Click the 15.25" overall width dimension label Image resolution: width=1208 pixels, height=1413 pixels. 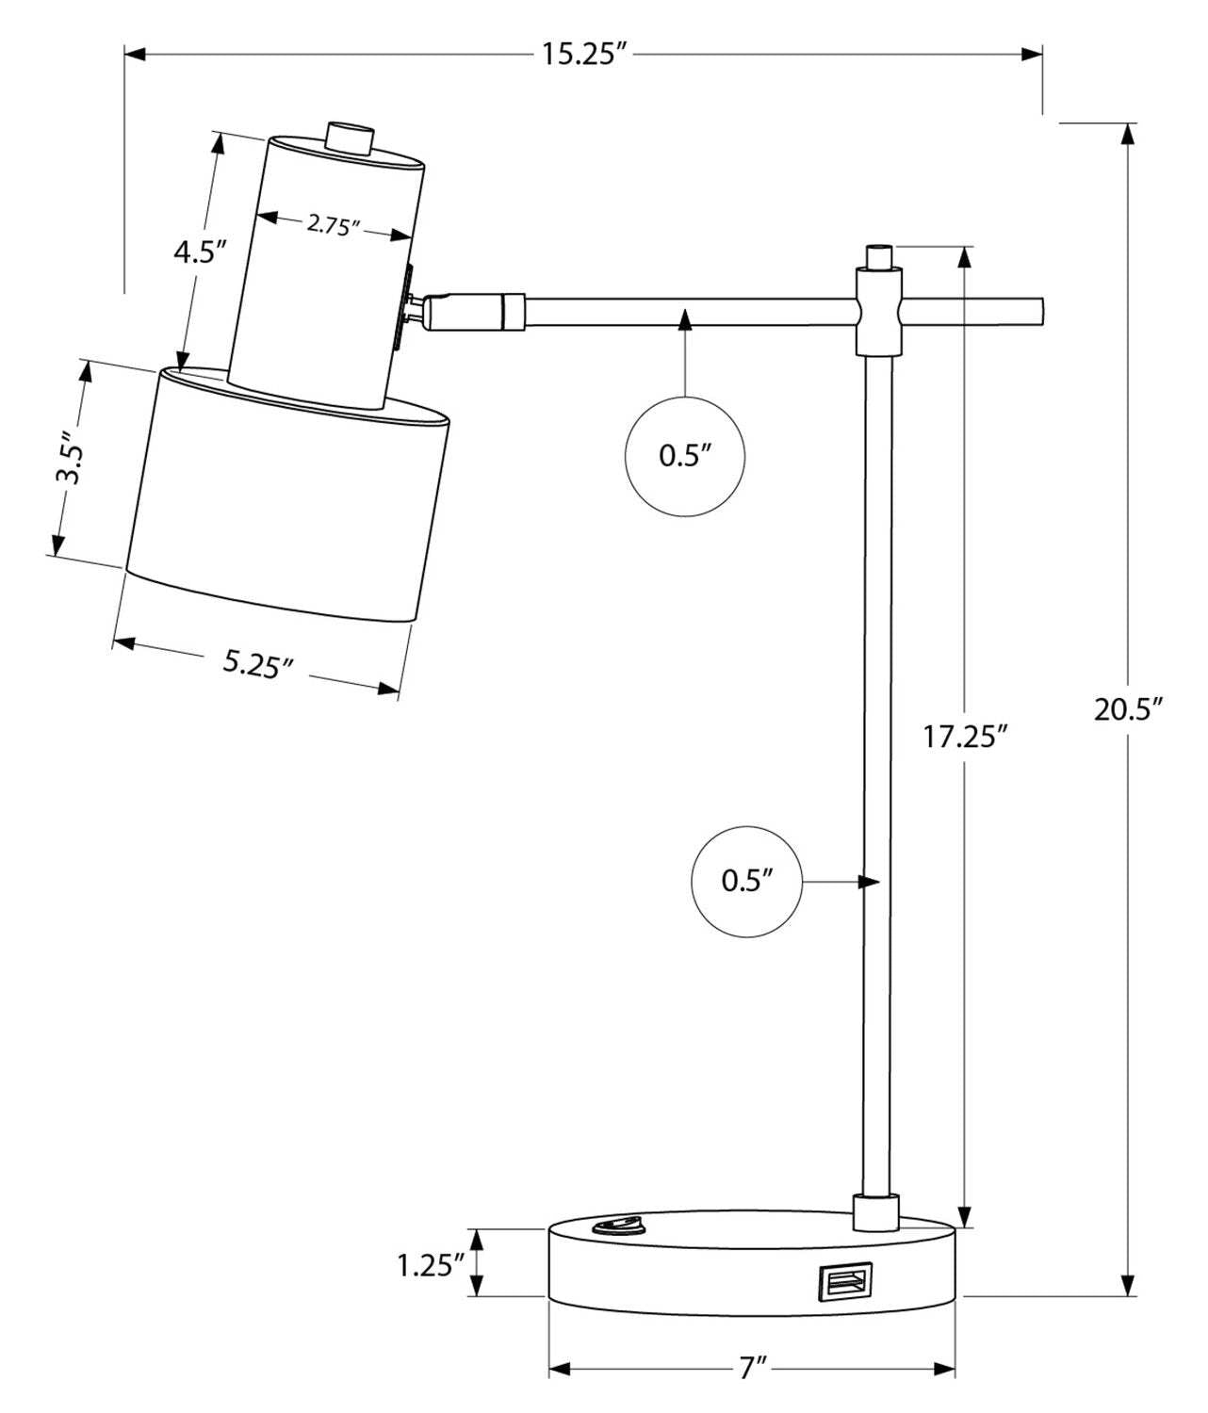click(x=583, y=54)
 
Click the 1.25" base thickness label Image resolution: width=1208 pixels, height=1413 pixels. click(x=431, y=1265)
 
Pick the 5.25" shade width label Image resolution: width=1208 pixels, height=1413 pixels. click(x=256, y=663)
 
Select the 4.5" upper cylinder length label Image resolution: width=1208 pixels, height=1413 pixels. click(x=200, y=252)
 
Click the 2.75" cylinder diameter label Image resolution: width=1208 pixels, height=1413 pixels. click(x=334, y=225)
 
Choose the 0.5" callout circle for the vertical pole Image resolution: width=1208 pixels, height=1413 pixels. click(x=747, y=882)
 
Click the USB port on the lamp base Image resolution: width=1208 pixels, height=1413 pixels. click(x=844, y=1281)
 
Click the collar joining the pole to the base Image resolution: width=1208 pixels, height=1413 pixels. click(x=876, y=1212)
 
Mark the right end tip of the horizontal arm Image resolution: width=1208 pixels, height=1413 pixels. click(x=1038, y=312)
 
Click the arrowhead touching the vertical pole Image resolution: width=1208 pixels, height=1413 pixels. click(x=868, y=882)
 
